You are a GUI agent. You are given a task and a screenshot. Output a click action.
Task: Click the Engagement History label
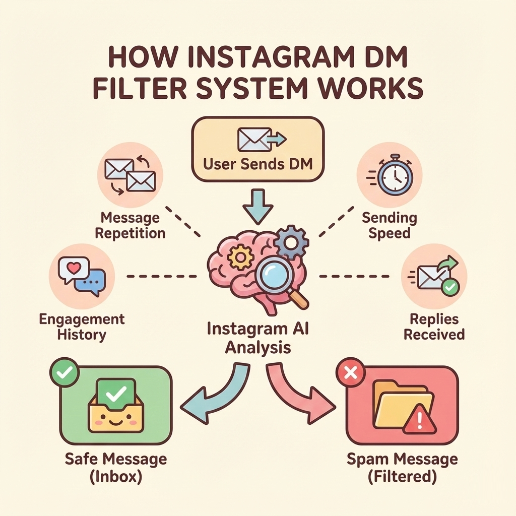pos(82,327)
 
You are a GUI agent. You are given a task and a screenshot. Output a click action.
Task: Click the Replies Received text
pos(434,327)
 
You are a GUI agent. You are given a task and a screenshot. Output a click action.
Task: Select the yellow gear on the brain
pos(239,258)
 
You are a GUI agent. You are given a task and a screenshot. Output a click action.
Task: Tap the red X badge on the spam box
pos(346,373)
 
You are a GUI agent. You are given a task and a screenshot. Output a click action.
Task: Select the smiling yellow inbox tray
pos(116,412)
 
